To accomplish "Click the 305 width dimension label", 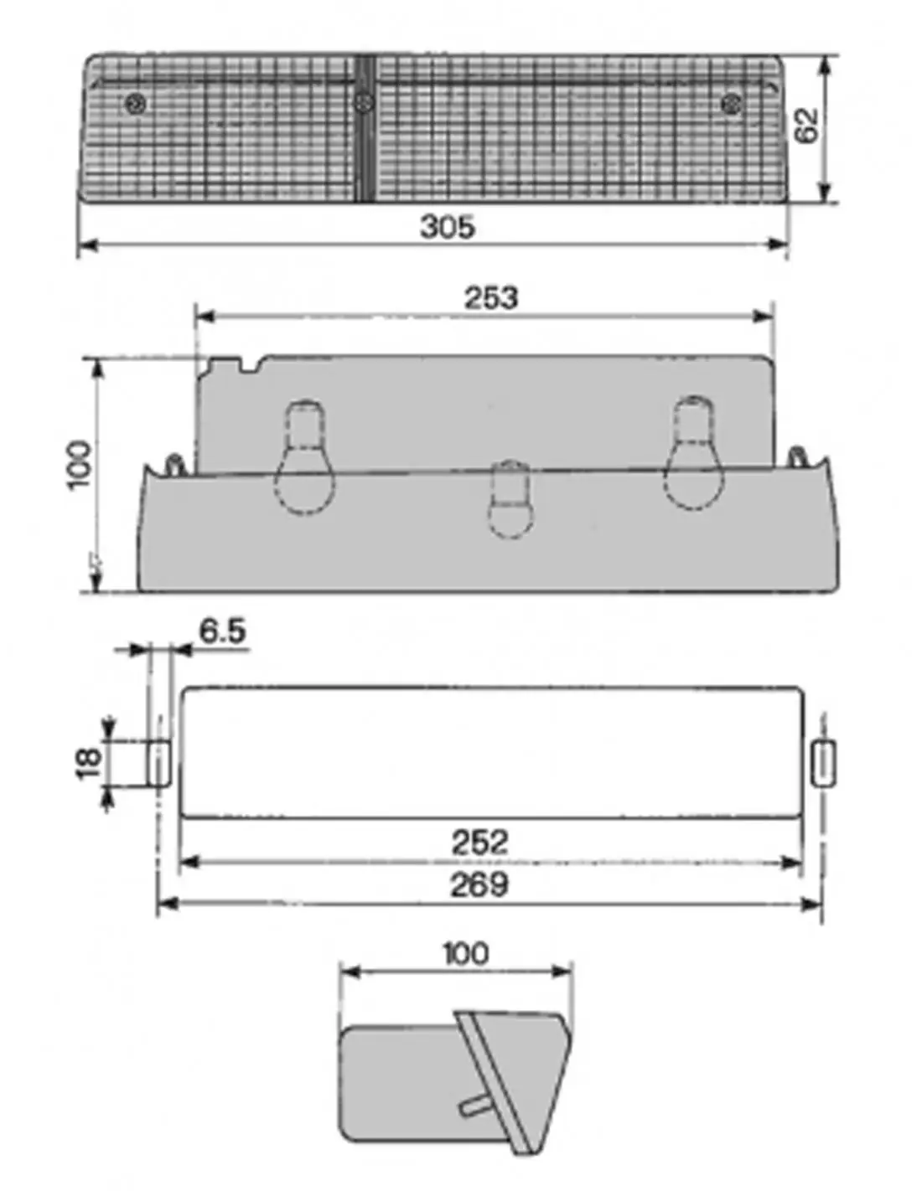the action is [x=447, y=226].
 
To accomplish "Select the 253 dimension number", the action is [x=490, y=297].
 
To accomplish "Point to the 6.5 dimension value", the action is [x=222, y=631].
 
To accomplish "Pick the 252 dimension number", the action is [x=480, y=842].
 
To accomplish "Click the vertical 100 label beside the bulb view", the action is [x=79, y=466].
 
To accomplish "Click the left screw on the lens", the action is [x=136, y=103].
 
